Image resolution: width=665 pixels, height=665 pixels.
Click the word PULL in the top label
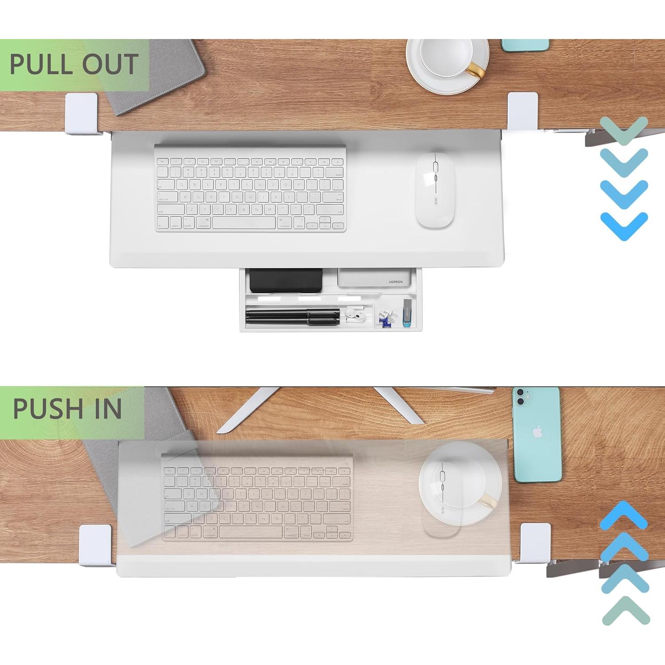click(42, 64)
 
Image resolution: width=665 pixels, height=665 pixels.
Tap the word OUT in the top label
click(110, 64)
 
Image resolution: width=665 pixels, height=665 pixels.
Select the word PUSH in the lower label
click(48, 408)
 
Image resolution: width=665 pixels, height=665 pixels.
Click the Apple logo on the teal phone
click(537, 432)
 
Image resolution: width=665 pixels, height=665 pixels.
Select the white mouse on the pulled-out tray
click(435, 191)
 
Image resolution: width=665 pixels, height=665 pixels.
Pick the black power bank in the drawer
click(286, 280)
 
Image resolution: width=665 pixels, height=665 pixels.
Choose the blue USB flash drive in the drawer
click(407, 313)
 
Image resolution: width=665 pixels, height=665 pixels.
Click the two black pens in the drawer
click(293, 316)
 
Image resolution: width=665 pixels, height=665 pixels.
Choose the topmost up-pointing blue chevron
click(624, 514)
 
